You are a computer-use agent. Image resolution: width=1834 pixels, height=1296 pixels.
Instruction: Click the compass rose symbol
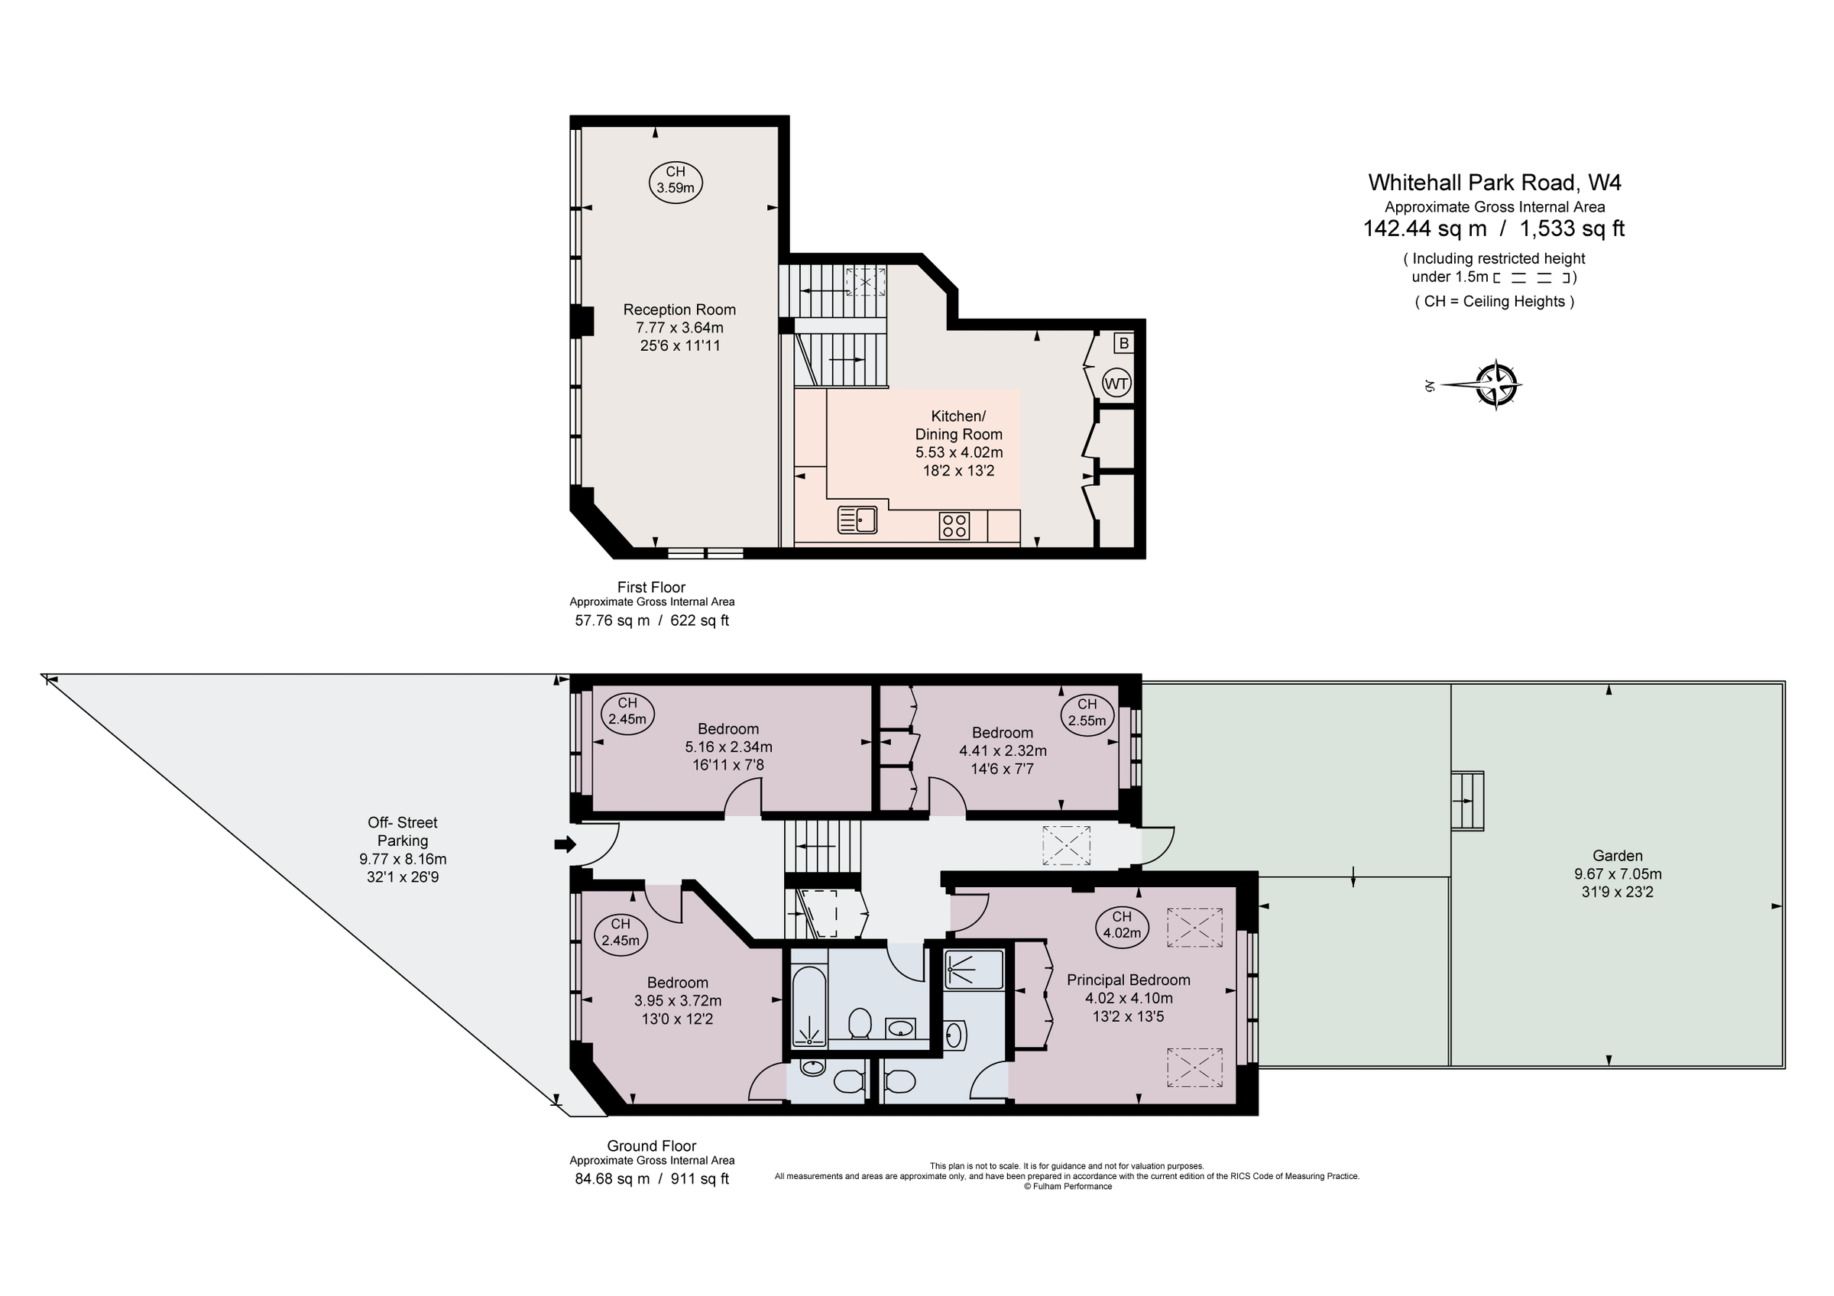pyautogui.click(x=1496, y=385)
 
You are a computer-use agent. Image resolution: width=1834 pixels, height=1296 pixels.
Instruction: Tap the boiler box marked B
pyautogui.click(x=1123, y=343)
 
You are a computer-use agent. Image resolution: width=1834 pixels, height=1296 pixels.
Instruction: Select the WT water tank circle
pyautogui.click(x=1116, y=384)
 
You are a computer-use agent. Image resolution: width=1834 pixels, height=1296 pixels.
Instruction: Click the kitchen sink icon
pyautogui.click(x=857, y=520)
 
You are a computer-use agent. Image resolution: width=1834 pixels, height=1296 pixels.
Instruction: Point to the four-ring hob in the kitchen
pyautogui.click(x=954, y=526)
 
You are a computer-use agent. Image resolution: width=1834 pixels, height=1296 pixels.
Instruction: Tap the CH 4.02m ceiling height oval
pyautogui.click(x=1122, y=925)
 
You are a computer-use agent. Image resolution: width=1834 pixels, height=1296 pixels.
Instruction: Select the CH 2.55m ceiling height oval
pyautogui.click(x=1087, y=712)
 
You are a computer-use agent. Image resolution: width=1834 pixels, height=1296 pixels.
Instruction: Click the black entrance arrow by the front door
pyautogui.click(x=565, y=845)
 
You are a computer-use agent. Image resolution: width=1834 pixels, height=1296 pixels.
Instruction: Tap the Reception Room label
pyautogui.click(x=679, y=309)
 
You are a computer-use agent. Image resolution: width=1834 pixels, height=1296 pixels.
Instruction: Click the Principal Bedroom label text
pyautogui.click(x=1128, y=980)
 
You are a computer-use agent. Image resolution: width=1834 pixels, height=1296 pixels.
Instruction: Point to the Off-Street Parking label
pyautogui.click(x=403, y=831)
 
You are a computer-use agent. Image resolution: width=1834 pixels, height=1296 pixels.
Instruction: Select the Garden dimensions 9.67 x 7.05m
pyautogui.click(x=1617, y=873)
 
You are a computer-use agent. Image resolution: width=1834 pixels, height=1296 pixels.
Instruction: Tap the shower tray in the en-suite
pyautogui.click(x=974, y=970)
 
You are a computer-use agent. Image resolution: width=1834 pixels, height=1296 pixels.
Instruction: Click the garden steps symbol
pyautogui.click(x=1466, y=801)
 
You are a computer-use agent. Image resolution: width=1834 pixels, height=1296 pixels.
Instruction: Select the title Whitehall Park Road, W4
pyautogui.click(x=1494, y=182)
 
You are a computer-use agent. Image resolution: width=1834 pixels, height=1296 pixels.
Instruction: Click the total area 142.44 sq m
pyautogui.click(x=1424, y=229)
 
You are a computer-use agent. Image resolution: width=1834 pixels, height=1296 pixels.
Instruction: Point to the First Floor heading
pyautogui.click(x=651, y=587)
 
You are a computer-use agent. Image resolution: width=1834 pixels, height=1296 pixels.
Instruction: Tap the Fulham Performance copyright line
pyautogui.click(x=1068, y=1187)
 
